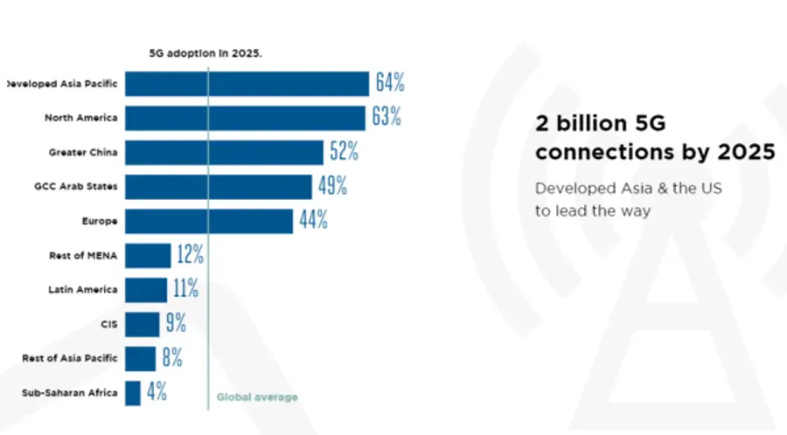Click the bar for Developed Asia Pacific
(x=247, y=84)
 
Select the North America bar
(x=245, y=118)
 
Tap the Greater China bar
(x=224, y=152)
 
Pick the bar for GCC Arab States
(x=219, y=186)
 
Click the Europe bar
(x=209, y=221)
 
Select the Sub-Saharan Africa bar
(x=133, y=392)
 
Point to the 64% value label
(x=390, y=84)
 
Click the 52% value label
(x=344, y=152)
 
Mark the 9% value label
(x=175, y=324)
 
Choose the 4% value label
(x=157, y=392)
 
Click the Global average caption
(x=257, y=397)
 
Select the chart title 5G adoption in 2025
(x=206, y=52)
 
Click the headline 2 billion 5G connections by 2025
(x=654, y=137)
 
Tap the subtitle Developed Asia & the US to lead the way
(x=628, y=199)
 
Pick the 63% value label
(x=387, y=118)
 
